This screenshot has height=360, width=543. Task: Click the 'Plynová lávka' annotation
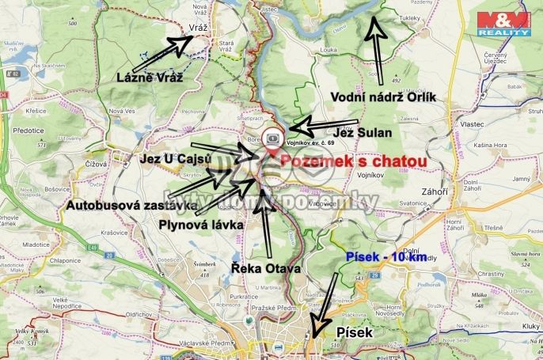[x=199, y=225]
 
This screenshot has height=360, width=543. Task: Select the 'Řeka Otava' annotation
[x=266, y=269]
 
